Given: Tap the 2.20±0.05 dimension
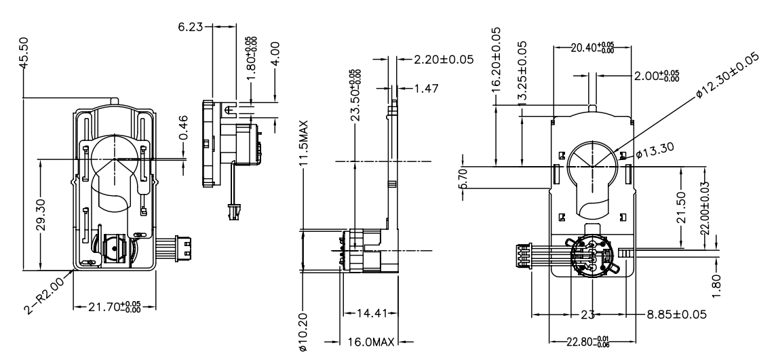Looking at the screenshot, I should click(x=443, y=59).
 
